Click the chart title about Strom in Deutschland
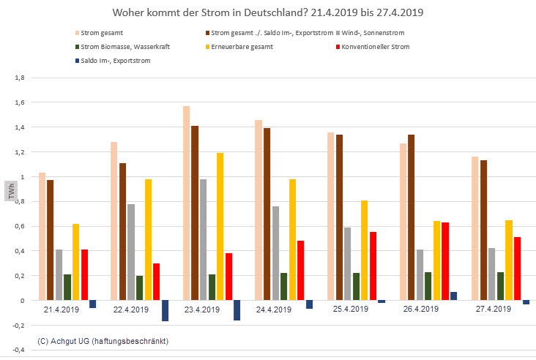(267, 13)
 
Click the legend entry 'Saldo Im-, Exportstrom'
(109, 61)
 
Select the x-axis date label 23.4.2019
(201, 310)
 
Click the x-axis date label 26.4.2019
(419, 310)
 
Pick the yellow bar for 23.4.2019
(220, 226)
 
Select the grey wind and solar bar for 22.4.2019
(131, 252)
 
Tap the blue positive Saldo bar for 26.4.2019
(453, 296)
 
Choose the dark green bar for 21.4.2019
(67, 287)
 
